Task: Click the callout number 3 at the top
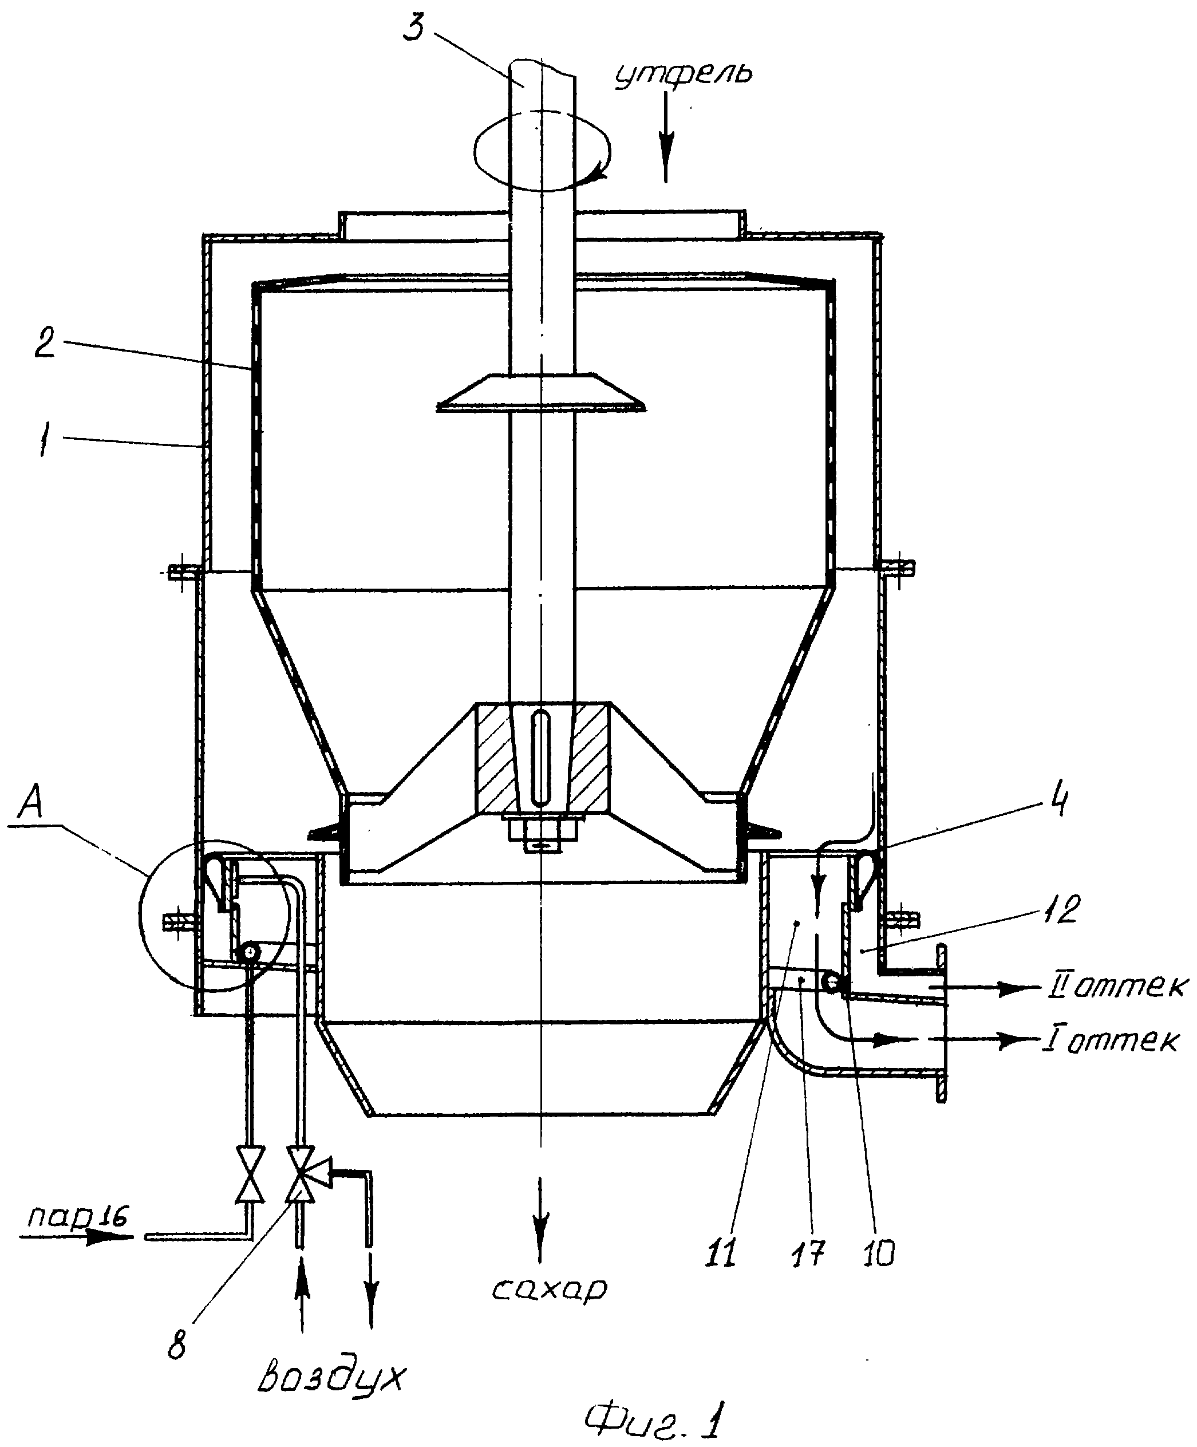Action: [x=414, y=22]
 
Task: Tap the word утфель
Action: [x=682, y=72]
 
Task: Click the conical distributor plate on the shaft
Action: [x=540, y=393]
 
